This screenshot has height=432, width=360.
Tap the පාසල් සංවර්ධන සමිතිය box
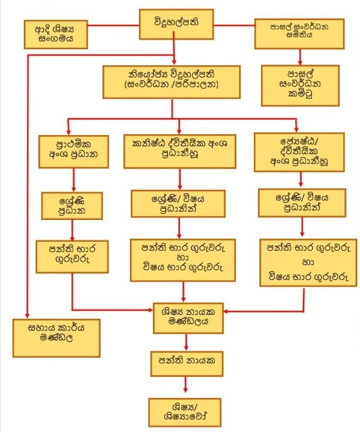[300, 33]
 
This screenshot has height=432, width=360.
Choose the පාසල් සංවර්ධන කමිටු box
[300, 85]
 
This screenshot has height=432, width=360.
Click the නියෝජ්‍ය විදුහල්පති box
[172, 81]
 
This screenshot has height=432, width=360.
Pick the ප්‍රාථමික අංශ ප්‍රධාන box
[74, 152]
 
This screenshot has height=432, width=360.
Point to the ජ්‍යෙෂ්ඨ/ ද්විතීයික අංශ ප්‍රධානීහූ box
[299, 152]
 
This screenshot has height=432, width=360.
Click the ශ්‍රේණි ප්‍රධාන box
[72, 204]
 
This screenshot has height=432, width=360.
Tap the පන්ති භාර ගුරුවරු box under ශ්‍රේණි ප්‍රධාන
[72, 257]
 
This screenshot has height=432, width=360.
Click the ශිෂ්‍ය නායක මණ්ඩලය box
[188, 318]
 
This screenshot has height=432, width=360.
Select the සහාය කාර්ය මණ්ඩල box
[57, 337]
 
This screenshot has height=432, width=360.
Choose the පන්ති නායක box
[186, 364]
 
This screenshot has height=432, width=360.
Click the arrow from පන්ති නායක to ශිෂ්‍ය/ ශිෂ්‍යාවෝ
[186, 385]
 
